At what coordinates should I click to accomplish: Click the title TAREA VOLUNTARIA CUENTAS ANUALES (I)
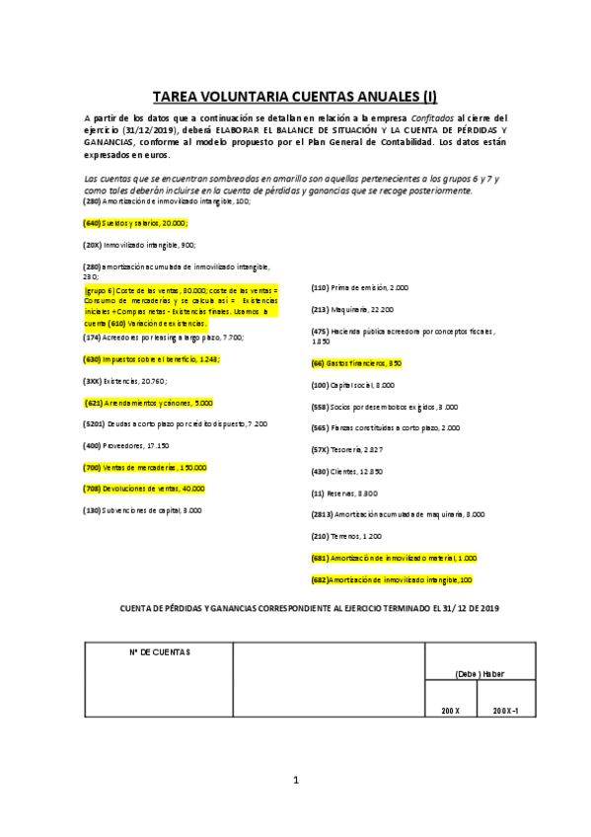click(295, 97)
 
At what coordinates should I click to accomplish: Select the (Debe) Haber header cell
click(480, 673)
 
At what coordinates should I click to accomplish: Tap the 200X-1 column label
click(506, 711)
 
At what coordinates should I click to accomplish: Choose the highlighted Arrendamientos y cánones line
click(148, 403)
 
